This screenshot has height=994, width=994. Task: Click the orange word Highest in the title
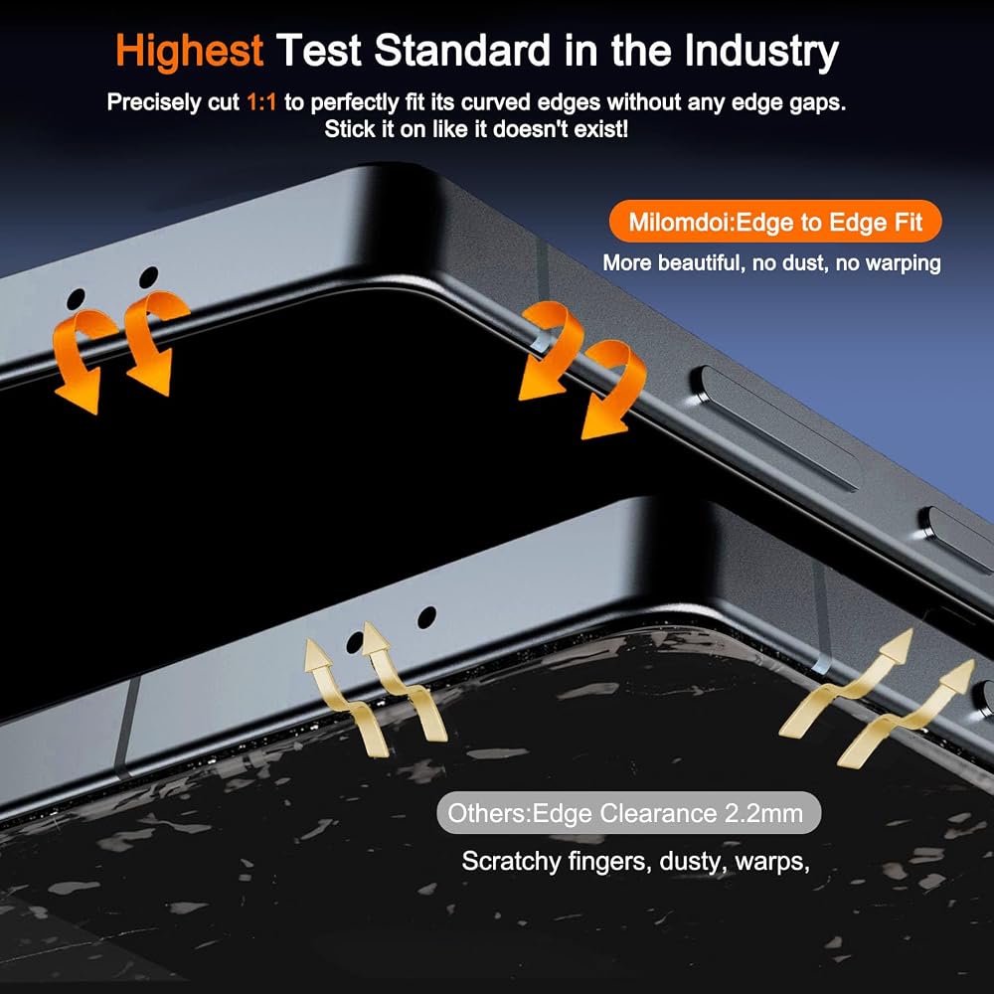pos(189,51)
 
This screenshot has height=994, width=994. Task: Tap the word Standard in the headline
pos(463,50)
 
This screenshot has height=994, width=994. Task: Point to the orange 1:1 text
pos(261,102)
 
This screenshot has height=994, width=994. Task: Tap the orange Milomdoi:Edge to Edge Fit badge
pos(775,222)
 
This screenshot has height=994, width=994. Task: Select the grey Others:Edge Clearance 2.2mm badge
pos(629,813)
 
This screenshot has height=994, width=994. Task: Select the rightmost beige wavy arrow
pos(906,714)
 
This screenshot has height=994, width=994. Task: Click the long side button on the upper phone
pos(779,427)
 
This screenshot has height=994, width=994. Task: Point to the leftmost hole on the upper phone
pos(77,299)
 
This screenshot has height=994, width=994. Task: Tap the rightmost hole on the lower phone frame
pos(426,617)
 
